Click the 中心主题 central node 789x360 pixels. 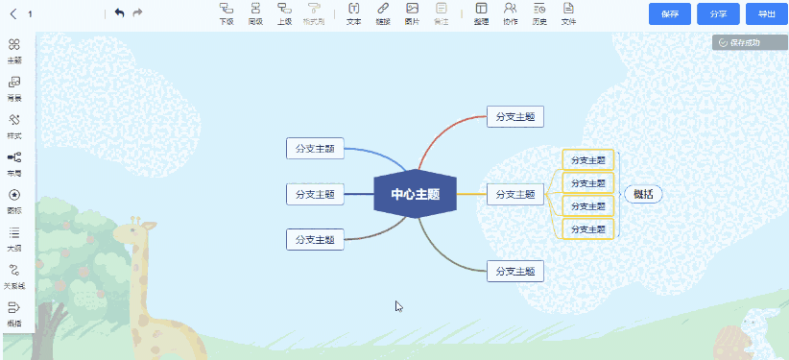(415, 194)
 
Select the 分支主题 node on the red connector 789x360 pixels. (515, 116)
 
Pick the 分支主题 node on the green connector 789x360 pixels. (515, 271)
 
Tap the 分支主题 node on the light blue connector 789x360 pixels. (315, 148)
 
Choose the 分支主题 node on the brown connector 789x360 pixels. (315, 239)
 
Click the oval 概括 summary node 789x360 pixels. (643, 194)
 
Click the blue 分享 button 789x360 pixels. (718, 13)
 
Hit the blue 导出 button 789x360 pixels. (766, 13)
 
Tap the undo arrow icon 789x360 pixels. (119, 12)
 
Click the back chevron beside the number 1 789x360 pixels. (13, 13)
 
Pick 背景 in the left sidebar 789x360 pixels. (14, 88)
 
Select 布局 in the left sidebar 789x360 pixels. (14, 163)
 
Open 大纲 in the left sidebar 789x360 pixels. (14, 238)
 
